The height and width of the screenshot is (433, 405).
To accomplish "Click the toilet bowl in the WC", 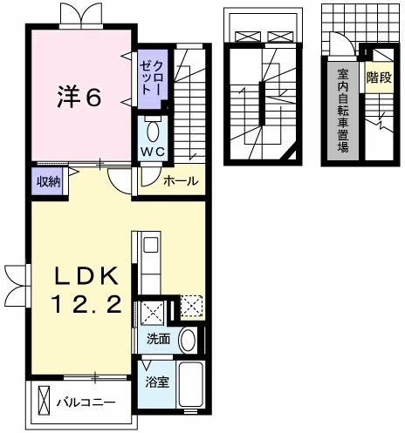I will pyautogui.click(x=153, y=132).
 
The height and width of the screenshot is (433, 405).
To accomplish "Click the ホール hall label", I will pyautogui.click(x=181, y=181).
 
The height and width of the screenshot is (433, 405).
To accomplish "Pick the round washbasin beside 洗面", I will pyautogui.click(x=188, y=340).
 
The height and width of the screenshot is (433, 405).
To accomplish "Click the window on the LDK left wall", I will pyautogui.click(x=17, y=278).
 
